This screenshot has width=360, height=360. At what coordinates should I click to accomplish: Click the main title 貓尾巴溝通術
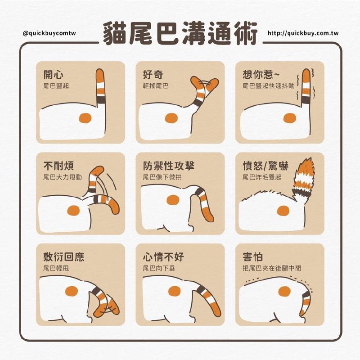[x=180, y=33]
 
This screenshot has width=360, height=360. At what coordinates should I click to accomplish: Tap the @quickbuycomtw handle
[x=49, y=33]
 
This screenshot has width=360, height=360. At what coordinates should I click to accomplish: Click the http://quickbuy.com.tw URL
[x=303, y=33]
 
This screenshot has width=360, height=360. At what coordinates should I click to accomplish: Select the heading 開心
[x=53, y=74]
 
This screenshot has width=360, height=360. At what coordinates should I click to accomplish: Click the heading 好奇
[x=153, y=74]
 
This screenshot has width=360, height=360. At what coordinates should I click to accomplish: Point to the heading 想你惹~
[x=261, y=74]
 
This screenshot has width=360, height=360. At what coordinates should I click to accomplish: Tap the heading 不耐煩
[x=58, y=166]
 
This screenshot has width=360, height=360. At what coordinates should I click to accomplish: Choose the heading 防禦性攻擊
[x=168, y=166]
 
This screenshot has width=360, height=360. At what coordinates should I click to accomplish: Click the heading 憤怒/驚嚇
[x=265, y=166]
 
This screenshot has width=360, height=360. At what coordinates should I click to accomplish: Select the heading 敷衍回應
[x=63, y=256]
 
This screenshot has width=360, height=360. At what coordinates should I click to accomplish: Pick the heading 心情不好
[x=163, y=256]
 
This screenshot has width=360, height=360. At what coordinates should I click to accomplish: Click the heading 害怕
[x=252, y=256]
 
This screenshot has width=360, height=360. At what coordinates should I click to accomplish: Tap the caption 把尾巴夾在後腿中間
[x=272, y=268]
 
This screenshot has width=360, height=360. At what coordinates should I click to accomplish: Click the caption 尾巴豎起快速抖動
[x=268, y=86]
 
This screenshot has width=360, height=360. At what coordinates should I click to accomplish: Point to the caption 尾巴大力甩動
[x=63, y=177]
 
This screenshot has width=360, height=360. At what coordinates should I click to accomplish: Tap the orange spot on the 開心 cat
[x=85, y=118]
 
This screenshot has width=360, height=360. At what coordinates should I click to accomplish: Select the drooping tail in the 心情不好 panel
[x=208, y=300]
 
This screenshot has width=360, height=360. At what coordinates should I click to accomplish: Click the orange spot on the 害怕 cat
[x=284, y=291]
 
